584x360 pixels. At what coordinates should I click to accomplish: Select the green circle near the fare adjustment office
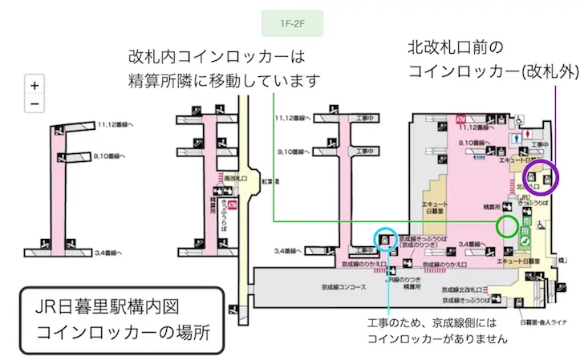[x=508, y=225]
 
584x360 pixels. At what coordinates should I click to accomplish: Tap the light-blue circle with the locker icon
[x=386, y=238]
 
